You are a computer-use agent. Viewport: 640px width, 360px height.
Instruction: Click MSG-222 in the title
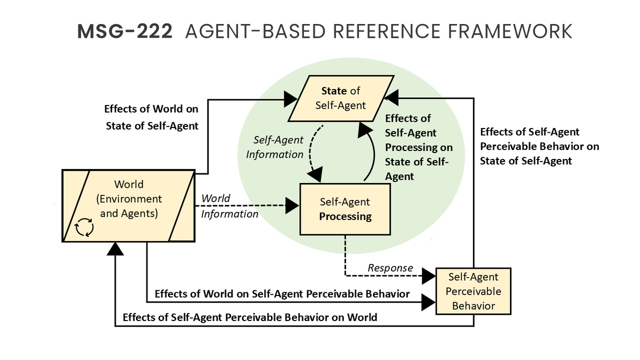pos(125,31)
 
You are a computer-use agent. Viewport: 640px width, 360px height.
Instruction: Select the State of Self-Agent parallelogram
pos(341,99)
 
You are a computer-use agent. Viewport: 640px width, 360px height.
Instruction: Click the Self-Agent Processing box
pos(345,209)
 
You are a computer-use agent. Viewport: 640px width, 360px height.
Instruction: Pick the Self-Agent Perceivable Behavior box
pos(474,291)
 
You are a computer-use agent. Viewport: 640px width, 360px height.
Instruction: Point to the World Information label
pos(229,206)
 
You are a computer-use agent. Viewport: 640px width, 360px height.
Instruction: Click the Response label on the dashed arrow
pos(390,268)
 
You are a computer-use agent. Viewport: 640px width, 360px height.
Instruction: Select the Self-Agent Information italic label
pos(278,147)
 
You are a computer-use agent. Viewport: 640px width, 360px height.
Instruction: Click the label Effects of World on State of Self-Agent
pos(151,117)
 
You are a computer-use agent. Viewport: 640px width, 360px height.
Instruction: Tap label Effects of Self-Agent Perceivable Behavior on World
pos(250,317)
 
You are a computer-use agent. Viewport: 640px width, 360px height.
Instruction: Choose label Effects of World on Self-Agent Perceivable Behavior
pos(282,294)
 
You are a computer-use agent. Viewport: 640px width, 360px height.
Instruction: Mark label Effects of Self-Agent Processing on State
pos(418,147)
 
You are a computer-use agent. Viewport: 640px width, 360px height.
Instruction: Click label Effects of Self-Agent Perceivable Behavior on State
pos(539,146)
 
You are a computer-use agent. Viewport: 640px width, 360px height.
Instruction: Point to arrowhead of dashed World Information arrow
pos(292,204)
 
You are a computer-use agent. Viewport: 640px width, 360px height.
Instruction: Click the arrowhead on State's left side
pos(291,98)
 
